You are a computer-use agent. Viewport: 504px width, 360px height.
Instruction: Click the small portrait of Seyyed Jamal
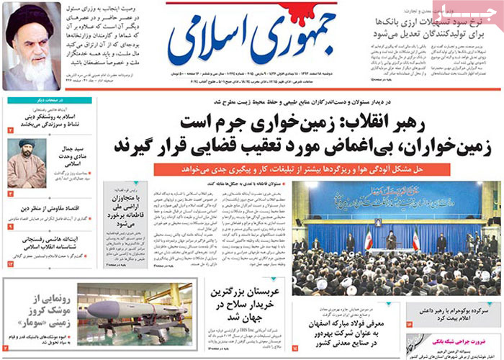(x=27, y=163)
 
